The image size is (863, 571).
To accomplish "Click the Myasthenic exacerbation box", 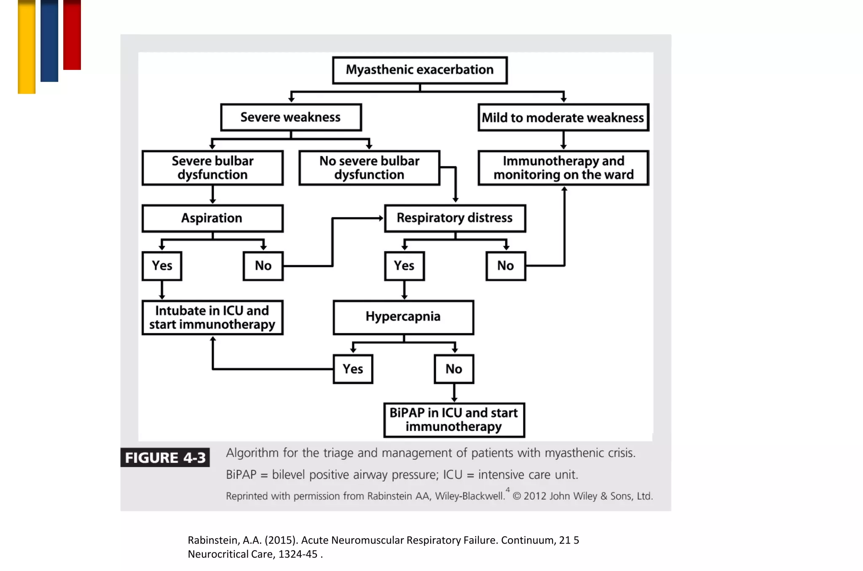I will click(420, 70).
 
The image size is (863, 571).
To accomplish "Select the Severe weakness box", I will click(291, 117).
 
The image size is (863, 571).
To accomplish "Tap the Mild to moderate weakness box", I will click(563, 118).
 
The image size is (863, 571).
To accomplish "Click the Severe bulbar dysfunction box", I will click(212, 168).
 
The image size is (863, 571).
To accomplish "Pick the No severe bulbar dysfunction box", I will click(369, 168).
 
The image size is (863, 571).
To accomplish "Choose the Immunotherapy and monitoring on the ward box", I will click(563, 168).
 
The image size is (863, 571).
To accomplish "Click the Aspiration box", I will click(212, 218).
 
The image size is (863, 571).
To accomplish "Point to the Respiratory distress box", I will click(455, 218).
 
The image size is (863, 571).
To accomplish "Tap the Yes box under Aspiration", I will click(162, 266).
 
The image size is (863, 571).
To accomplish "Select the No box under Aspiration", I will click(263, 266).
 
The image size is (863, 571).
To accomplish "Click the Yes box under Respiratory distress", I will click(404, 266).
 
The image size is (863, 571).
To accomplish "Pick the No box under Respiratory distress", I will click(505, 266).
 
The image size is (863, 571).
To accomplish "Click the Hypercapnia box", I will click(403, 317).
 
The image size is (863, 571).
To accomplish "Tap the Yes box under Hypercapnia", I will click(353, 369).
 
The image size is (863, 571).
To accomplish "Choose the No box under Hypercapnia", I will click(454, 369).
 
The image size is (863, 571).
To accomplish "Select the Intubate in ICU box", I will click(212, 317).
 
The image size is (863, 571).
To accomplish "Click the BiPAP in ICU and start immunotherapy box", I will click(454, 420).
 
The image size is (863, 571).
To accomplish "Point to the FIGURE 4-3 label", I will click(165, 458).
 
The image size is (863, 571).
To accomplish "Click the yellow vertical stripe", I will click(27, 46).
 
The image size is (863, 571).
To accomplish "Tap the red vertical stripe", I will click(72, 35).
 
